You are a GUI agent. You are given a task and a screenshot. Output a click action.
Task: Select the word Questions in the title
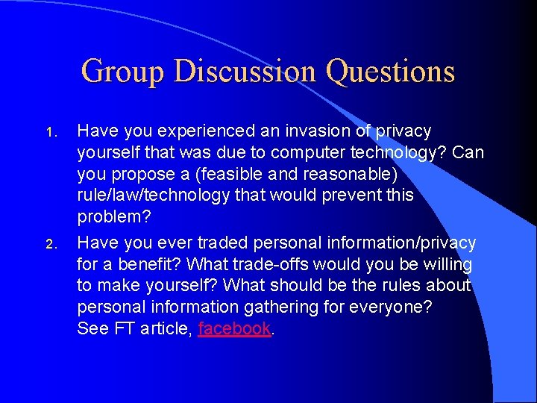tap(391, 72)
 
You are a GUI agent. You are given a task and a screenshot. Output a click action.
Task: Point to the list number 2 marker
tap(51, 244)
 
